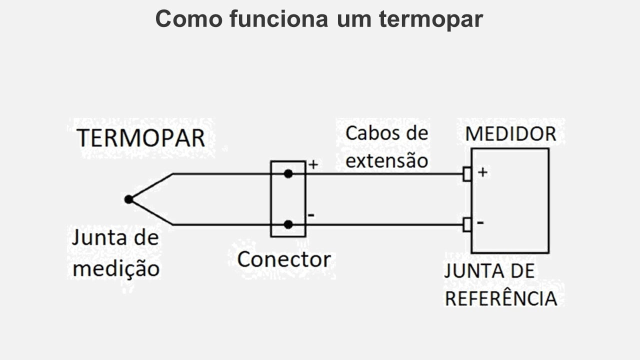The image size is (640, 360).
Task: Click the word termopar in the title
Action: pyautogui.click(x=430, y=19)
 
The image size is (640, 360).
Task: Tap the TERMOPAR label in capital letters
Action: pyautogui.click(x=140, y=138)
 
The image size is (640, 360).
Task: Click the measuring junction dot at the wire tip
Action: pyautogui.click(x=128, y=199)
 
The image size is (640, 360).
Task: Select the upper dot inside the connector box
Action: pyautogui.click(x=288, y=173)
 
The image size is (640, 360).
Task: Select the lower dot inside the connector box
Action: pyautogui.click(x=288, y=224)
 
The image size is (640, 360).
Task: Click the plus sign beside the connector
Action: pyautogui.click(x=313, y=164)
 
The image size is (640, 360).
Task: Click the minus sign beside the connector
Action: pyautogui.click(x=311, y=215)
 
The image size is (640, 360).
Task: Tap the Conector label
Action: pyautogui.click(x=283, y=259)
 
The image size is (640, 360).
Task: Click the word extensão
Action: pyautogui.click(x=386, y=160)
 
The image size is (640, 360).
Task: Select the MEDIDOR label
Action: pyautogui.click(x=510, y=134)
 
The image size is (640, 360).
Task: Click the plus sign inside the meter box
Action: pyautogui.click(x=482, y=172)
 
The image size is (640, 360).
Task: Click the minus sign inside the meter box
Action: pyautogui.click(x=480, y=222)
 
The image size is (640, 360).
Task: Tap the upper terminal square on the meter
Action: pyautogui.click(x=467, y=174)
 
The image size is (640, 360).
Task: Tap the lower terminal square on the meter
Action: pyautogui.click(x=467, y=224)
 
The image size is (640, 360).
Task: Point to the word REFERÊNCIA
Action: pyautogui.click(x=500, y=298)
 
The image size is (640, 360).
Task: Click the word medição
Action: pyautogui.click(x=116, y=269)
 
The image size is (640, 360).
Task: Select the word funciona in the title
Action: pyautogui.click(x=279, y=19)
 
